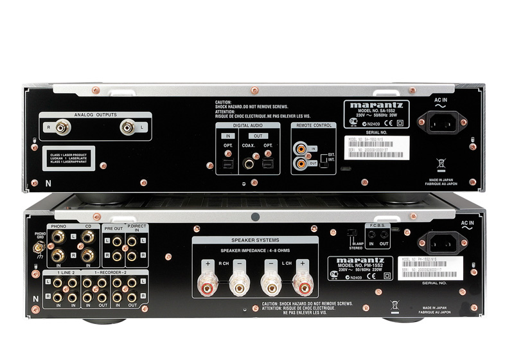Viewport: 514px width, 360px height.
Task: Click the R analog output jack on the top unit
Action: coord(63,127)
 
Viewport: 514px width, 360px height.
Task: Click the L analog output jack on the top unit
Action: coord(128,127)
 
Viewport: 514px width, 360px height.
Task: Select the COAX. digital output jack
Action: coord(248,164)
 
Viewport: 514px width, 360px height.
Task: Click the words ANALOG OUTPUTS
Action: coord(96,114)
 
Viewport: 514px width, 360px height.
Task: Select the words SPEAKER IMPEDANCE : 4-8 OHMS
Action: coord(255,249)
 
